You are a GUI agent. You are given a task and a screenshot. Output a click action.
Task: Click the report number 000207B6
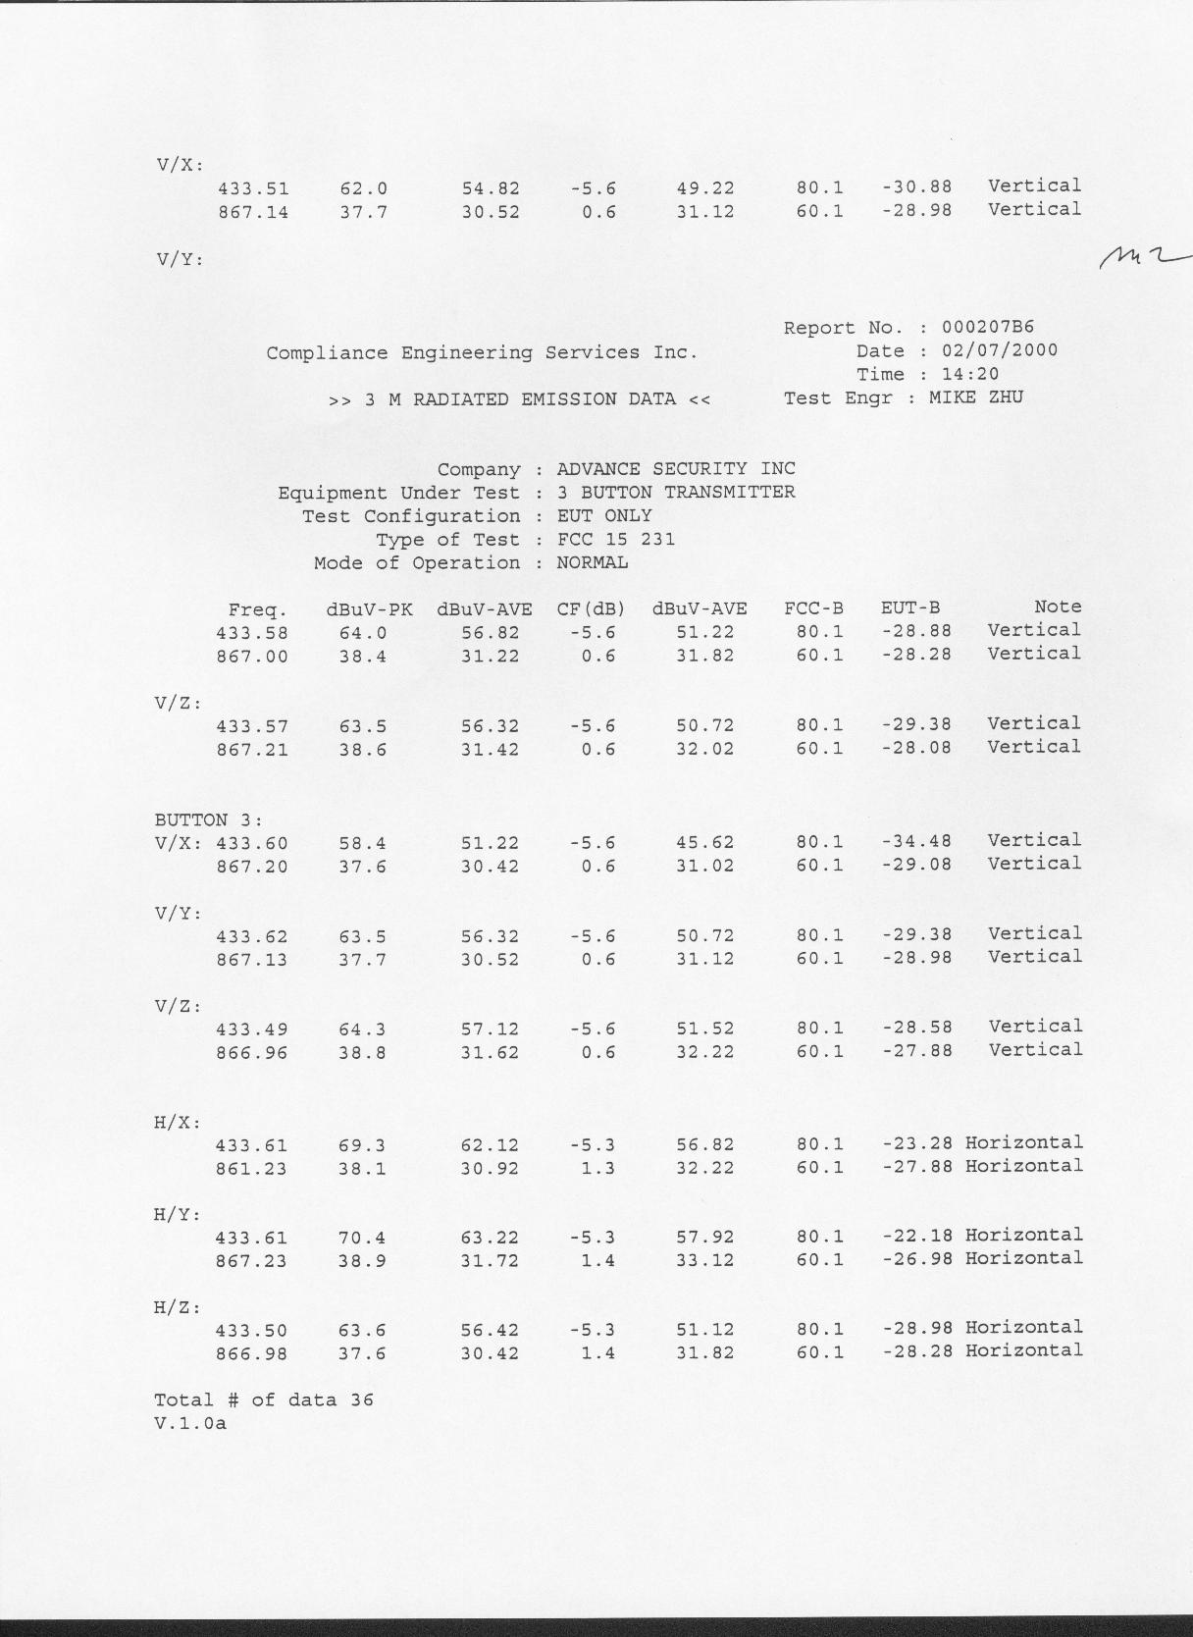(x=988, y=328)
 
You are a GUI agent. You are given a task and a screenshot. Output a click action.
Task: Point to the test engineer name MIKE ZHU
(x=975, y=398)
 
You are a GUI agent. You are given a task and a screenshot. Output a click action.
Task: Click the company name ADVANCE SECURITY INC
(x=676, y=469)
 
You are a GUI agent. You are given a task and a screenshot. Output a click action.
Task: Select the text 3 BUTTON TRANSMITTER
(x=676, y=493)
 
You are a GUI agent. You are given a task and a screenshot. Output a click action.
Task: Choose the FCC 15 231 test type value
(x=615, y=540)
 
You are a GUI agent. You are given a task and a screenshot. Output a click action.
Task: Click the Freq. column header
(x=258, y=609)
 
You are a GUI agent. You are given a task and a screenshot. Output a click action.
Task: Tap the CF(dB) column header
(x=591, y=608)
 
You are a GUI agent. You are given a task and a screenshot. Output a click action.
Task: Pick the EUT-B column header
(x=909, y=608)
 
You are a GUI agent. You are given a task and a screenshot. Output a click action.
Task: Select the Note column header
(x=1057, y=607)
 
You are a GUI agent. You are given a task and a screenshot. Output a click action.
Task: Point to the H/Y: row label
(x=178, y=1215)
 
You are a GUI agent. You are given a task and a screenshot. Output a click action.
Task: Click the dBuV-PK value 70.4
(x=362, y=1239)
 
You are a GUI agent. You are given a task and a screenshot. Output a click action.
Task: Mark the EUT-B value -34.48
(x=916, y=842)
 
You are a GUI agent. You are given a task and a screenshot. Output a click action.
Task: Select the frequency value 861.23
(x=251, y=1169)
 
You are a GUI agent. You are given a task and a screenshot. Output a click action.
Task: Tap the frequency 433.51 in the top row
(x=253, y=188)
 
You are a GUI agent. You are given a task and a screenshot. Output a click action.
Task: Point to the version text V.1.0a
(x=190, y=1423)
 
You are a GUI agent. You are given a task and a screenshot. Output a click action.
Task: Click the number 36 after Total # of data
(x=362, y=1400)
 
